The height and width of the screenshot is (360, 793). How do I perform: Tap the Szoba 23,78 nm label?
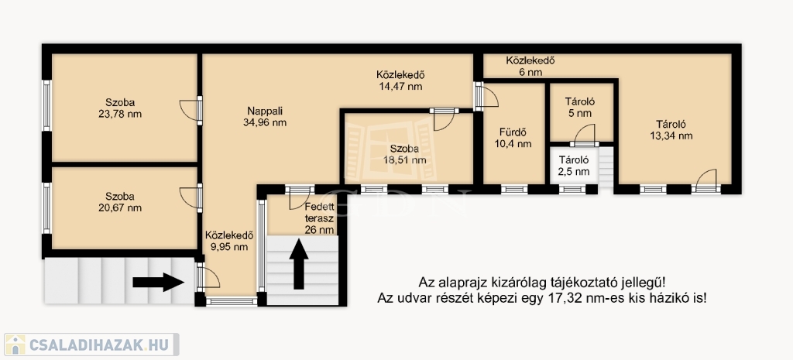(120, 108)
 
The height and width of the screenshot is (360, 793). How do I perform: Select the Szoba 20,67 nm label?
(120, 202)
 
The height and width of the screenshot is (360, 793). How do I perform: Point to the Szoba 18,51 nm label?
(404, 155)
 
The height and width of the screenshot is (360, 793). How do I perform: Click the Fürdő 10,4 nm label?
(513, 138)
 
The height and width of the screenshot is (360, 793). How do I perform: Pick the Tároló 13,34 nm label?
(671, 130)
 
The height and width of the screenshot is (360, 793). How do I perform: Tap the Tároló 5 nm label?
(579, 107)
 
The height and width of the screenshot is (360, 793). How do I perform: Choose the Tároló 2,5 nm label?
(574, 166)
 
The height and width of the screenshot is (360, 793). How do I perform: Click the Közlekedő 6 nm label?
(530, 67)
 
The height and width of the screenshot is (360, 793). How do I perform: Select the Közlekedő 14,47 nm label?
(400, 81)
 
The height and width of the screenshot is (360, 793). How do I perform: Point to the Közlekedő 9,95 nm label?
(229, 242)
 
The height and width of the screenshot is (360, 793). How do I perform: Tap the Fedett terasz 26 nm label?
(319, 218)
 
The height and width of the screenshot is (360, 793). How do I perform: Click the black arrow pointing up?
(299, 264)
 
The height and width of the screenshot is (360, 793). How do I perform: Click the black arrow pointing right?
(158, 282)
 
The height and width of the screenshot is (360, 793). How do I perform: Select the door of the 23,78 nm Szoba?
(191, 110)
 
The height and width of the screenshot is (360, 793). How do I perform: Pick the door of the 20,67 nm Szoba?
(191, 198)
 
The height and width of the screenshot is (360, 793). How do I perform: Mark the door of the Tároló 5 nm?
(584, 135)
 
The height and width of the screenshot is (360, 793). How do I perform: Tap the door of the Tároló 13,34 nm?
(706, 181)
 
